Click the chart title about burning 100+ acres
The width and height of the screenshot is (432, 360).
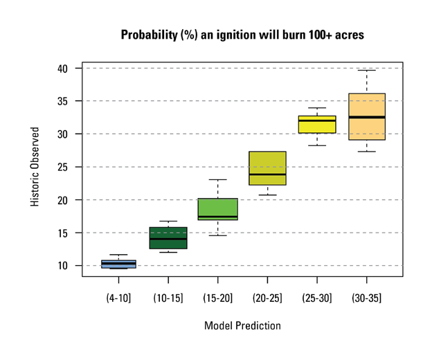(x=242, y=35)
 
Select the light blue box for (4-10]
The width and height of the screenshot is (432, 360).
(x=118, y=264)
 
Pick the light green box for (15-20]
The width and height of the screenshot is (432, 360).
(x=217, y=208)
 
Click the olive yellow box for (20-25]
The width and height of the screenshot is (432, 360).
(x=267, y=168)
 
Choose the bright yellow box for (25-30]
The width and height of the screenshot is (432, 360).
(x=317, y=125)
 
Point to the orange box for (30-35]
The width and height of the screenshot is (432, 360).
(x=367, y=116)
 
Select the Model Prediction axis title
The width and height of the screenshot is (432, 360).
(x=242, y=325)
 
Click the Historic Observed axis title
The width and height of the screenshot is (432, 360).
(x=35, y=167)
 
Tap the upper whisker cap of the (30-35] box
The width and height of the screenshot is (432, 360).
(x=367, y=70)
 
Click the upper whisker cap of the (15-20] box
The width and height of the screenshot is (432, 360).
(x=217, y=180)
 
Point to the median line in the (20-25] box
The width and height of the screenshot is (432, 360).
(x=267, y=174)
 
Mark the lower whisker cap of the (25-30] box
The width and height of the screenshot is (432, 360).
(x=317, y=145)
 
